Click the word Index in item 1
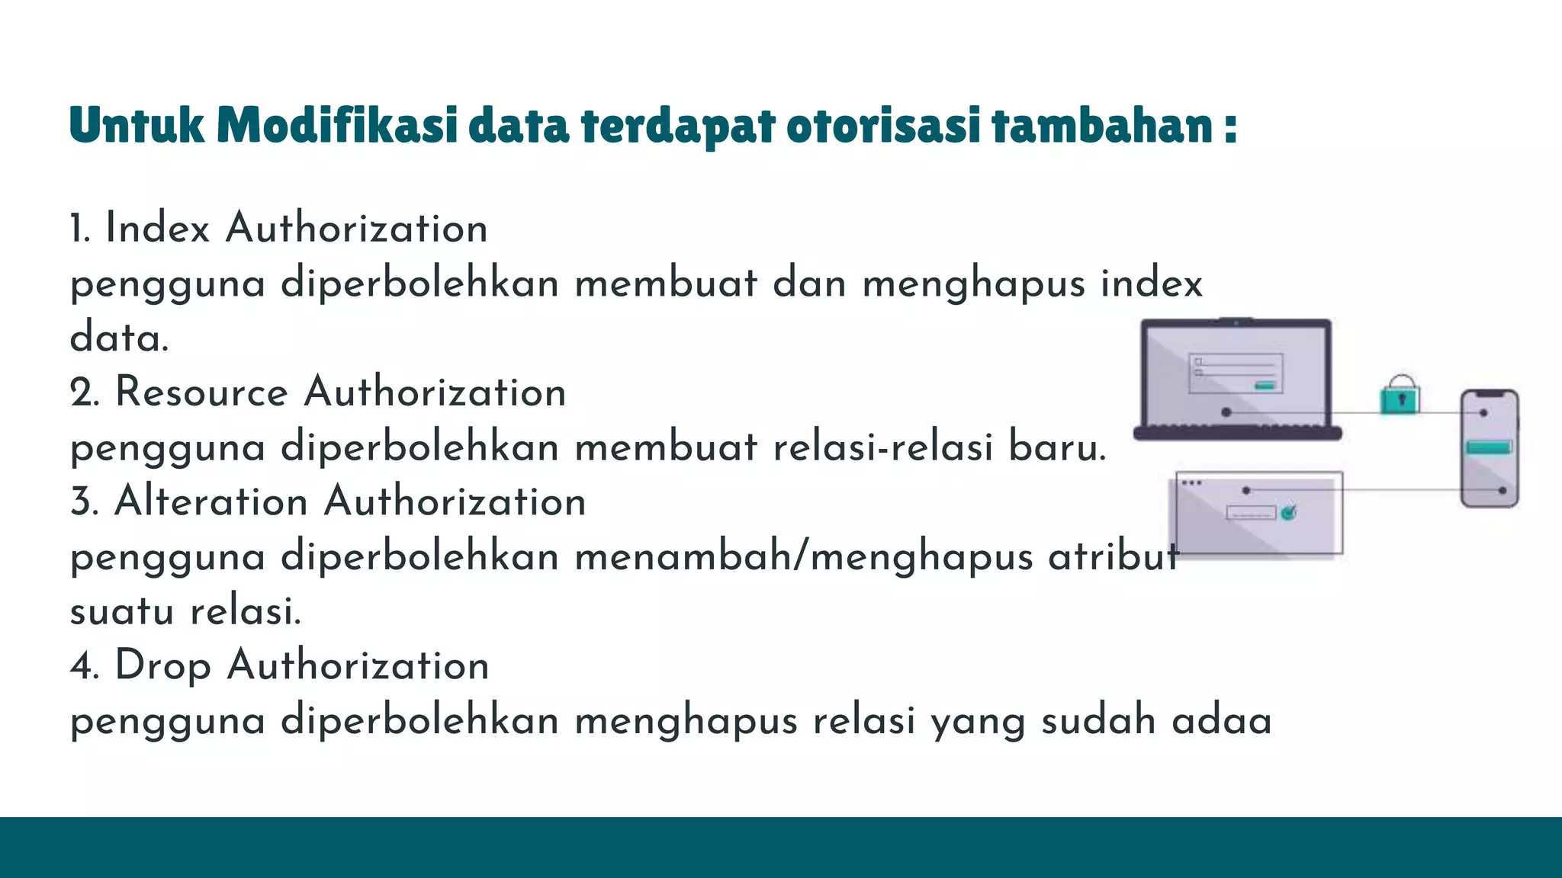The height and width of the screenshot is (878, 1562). click(x=157, y=229)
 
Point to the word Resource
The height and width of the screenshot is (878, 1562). click(x=201, y=393)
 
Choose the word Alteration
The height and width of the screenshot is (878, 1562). click(x=211, y=502)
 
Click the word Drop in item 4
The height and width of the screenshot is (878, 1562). click(x=162, y=666)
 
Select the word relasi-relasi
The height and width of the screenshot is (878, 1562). click(x=882, y=447)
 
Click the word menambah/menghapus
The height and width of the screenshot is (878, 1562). click(x=804, y=557)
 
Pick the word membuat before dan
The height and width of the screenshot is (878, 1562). click(x=666, y=284)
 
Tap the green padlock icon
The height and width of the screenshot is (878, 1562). click(x=1400, y=396)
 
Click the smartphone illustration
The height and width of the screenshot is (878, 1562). click(x=1489, y=448)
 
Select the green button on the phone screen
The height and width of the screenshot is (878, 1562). click(x=1488, y=447)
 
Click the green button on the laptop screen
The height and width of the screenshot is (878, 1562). click(x=1265, y=386)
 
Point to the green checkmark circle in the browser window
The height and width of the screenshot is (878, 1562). click(x=1288, y=513)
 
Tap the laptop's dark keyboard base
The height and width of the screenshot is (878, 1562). click(x=1237, y=434)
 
